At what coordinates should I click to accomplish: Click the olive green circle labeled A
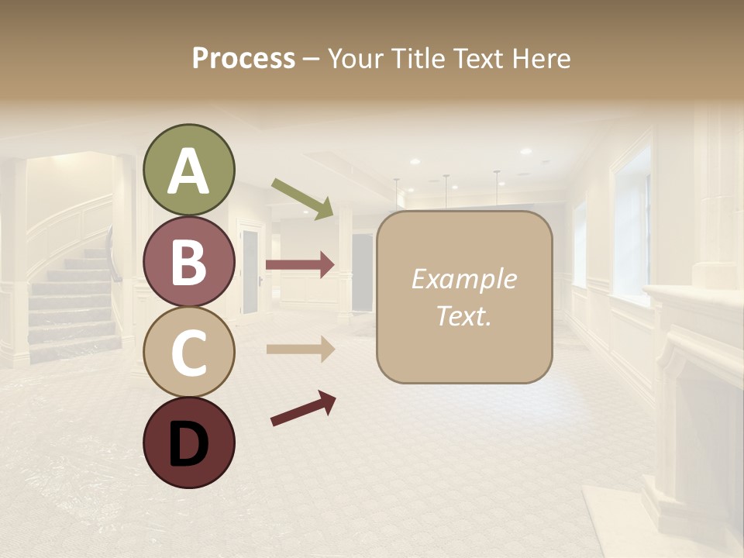pyautogui.click(x=189, y=170)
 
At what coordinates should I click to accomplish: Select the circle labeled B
pyautogui.click(x=189, y=260)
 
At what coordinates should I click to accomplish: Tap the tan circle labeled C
pyautogui.click(x=189, y=352)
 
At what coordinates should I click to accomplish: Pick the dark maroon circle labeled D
pyautogui.click(x=189, y=443)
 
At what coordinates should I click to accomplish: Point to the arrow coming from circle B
pyautogui.click(x=300, y=265)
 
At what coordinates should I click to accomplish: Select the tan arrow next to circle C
pyautogui.click(x=300, y=350)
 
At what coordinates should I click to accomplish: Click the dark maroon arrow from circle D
pyautogui.click(x=303, y=408)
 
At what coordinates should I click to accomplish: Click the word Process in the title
pyautogui.click(x=243, y=58)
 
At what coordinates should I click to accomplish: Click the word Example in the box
pyautogui.click(x=463, y=279)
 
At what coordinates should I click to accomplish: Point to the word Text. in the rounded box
pyautogui.click(x=463, y=315)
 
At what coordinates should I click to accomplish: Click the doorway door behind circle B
pyautogui.click(x=250, y=267)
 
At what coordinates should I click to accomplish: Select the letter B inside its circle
pyautogui.click(x=189, y=261)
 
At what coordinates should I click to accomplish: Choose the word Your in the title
pyautogui.click(x=353, y=58)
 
